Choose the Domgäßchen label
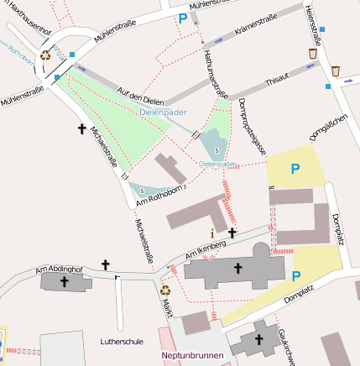[328, 127]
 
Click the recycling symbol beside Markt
[165, 290]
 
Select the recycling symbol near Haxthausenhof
[44, 57]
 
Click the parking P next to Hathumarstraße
[183, 18]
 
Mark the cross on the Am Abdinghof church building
[64, 281]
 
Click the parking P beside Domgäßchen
[295, 169]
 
